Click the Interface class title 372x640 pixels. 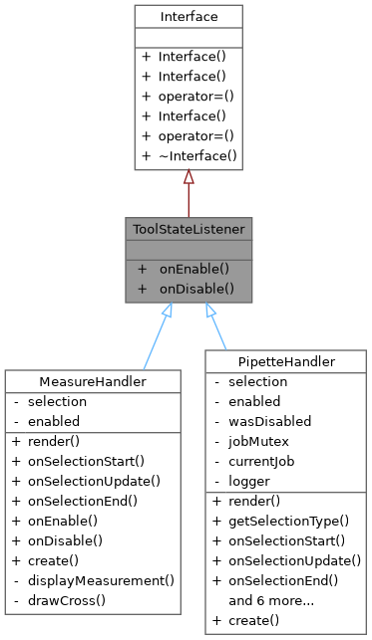(187, 17)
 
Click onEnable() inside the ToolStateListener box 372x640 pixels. (194, 269)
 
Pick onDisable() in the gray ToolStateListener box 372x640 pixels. (196, 288)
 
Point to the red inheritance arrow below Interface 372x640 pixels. (187, 194)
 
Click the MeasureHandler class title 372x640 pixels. (93, 382)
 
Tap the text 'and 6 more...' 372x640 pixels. (271, 600)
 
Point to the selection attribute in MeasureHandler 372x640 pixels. (58, 401)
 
